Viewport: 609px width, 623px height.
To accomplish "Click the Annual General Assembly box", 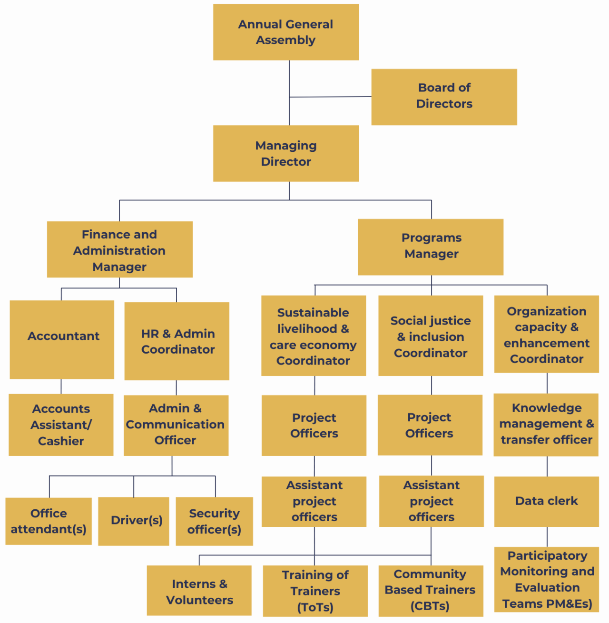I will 285,32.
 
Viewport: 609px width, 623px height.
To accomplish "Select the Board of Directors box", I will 444,97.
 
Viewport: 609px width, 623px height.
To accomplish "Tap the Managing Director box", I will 285,153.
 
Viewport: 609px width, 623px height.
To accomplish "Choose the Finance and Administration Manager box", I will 119,249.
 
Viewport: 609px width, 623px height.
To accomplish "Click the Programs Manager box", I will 431,247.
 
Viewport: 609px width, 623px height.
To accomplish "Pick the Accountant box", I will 62,339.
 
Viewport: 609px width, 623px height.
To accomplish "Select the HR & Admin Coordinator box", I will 177,341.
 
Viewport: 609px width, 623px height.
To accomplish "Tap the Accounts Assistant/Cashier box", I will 61,425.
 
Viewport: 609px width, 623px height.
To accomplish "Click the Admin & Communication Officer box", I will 176,425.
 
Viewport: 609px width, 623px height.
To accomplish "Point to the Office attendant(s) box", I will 49,521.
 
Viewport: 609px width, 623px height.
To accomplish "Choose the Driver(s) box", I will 134,521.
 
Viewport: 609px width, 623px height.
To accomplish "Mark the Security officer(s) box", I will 214,521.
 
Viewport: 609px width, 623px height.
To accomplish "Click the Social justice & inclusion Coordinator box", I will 431,336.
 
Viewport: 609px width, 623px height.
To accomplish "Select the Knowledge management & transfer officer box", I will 546,425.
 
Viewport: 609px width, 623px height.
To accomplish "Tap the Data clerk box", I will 546,501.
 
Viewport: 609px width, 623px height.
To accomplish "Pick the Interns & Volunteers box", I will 199,591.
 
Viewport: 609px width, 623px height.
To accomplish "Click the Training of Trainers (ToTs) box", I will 315,591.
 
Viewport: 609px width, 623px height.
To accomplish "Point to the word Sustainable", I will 313,313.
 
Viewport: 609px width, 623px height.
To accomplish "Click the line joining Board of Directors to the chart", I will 330,97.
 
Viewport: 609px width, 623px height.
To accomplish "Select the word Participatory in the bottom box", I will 547,555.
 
